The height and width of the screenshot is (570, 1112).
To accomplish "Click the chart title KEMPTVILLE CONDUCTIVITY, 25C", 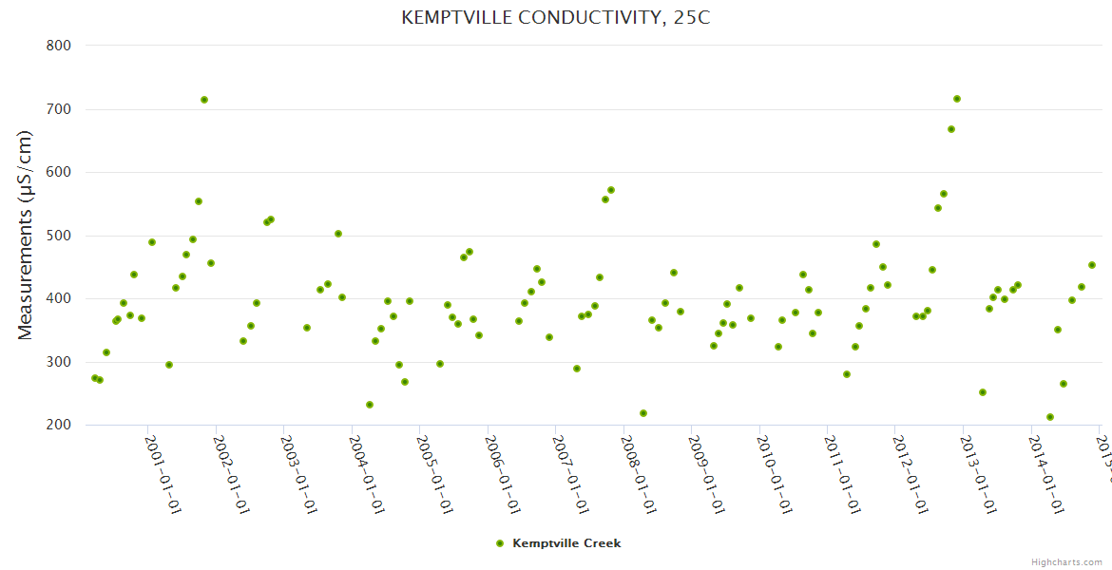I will [x=555, y=18].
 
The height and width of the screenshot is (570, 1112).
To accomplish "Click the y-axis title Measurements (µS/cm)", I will [x=26, y=235].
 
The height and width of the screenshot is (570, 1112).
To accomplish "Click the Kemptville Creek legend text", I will [x=566, y=543].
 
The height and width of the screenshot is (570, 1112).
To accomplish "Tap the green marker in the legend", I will [x=500, y=543].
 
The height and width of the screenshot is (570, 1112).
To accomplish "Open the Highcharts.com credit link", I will [x=1066, y=562].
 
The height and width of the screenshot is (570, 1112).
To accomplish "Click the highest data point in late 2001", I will [x=204, y=100].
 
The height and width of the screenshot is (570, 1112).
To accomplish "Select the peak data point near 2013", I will [x=957, y=99].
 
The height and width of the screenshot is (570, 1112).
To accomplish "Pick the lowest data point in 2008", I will [x=643, y=413].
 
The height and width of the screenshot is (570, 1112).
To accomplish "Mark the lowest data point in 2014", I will [x=1050, y=417].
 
